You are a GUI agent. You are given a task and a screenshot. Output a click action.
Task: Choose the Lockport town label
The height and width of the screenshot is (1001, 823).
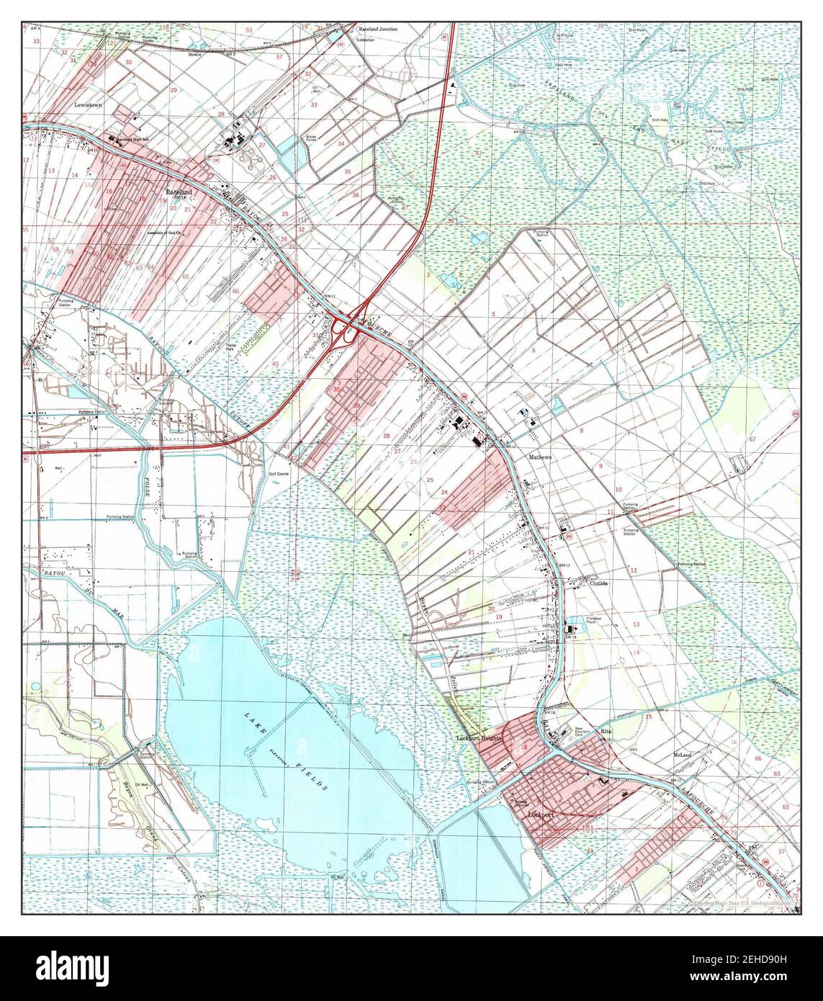point(544,814)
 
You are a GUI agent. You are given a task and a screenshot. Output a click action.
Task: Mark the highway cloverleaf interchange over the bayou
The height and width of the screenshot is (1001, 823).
point(348,328)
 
